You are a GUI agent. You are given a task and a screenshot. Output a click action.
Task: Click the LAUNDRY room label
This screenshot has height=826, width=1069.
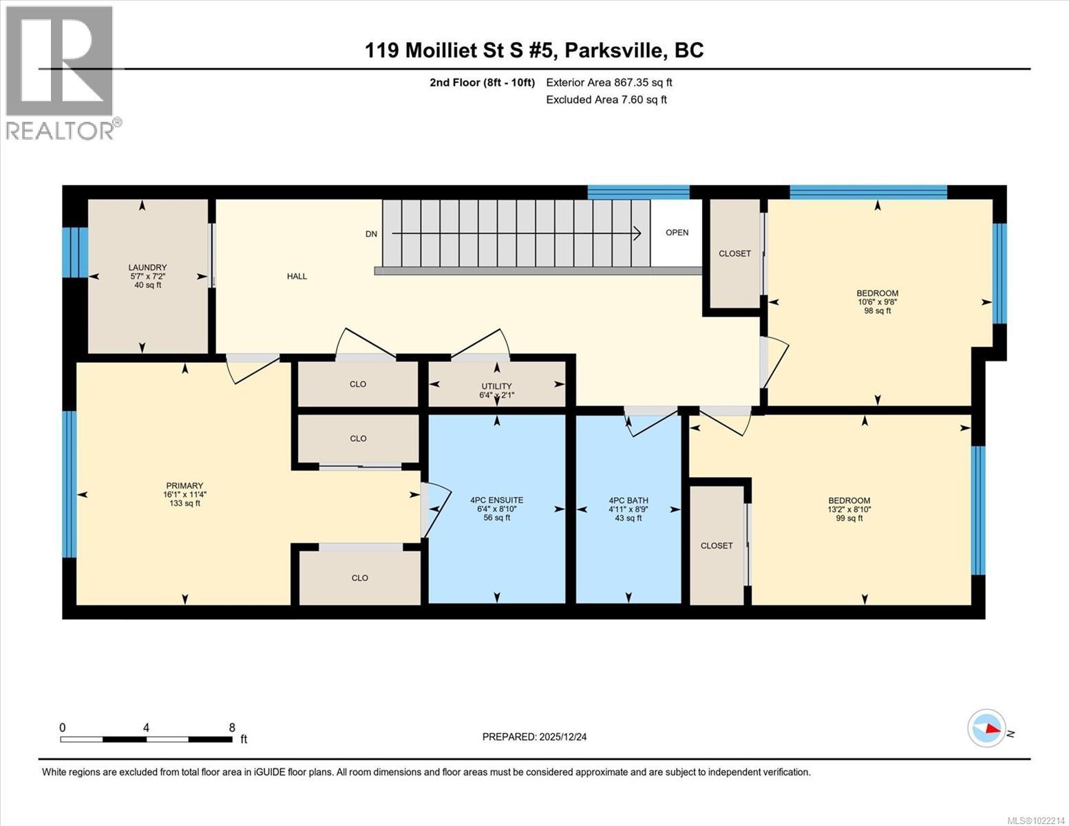[x=147, y=267]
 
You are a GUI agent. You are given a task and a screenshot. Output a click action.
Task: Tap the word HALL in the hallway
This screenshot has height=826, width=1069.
[x=297, y=276]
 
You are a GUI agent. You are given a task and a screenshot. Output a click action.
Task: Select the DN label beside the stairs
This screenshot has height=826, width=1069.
[x=371, y=234]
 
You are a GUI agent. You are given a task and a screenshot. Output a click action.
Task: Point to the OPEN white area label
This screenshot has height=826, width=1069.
[x=677, y=233]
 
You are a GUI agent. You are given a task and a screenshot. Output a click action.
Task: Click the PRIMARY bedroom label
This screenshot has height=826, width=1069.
[x=184, y=485]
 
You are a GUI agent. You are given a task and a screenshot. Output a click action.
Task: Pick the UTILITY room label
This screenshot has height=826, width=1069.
[x=496, y=386]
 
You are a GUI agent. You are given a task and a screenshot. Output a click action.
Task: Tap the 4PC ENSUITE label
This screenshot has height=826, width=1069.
[x=496, y=500]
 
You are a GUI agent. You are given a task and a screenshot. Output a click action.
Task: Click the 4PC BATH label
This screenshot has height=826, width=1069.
[x=628, y=500]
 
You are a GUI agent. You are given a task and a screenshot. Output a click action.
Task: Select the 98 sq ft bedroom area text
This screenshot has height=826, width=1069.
[x=877, y=310]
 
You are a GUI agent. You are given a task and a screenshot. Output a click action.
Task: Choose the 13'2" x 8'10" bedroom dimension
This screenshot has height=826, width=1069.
[x=849, y=509]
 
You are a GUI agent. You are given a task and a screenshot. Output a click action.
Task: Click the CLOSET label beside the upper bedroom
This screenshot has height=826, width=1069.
[x=734, y=253]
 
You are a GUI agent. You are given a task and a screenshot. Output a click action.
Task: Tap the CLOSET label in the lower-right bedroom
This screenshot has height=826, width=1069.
[x=717, y=545]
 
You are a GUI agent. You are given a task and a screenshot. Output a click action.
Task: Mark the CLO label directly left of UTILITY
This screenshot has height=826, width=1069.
[x=358, y=384]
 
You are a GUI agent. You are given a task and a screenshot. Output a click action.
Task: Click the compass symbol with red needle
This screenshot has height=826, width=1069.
[x=986, y=728]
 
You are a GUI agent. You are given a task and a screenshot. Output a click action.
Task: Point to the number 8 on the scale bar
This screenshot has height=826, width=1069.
[x=232, y=728]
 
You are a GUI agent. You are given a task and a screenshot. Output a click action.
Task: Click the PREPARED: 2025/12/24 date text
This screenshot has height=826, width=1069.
[x=534, y=737]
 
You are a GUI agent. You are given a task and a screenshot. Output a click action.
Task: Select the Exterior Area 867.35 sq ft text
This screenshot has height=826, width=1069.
[x=608, y=83]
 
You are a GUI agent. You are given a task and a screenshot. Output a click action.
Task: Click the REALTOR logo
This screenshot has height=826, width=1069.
[x=61, y=72]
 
